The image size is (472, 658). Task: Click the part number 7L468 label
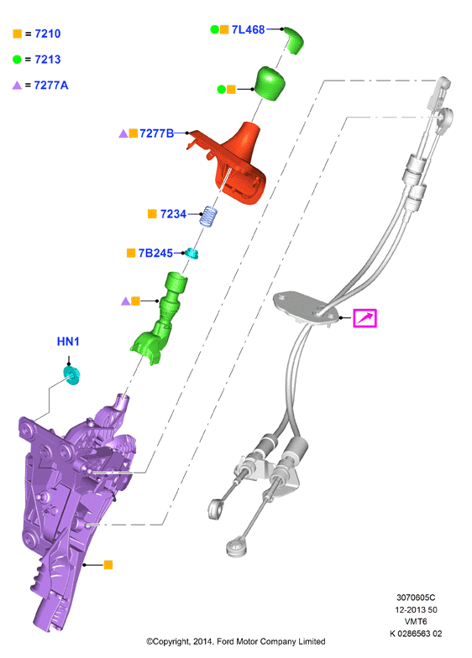pos(249,29)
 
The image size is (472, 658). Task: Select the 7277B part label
pos(156,133)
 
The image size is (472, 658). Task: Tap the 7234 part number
pos(173,214)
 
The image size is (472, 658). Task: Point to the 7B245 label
pos(155,253)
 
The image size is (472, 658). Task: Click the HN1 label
pos(68,342)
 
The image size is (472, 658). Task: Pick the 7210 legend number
pos(47,34)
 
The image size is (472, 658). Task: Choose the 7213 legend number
pos(47,59)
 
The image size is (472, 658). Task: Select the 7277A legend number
pos(50,86)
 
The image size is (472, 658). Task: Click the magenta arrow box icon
pos(364,318)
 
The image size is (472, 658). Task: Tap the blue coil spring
pos(209,217)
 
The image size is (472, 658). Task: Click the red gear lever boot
pos(233,166)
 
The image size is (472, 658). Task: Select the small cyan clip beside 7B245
pos(191,253)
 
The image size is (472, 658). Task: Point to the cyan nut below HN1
pos(71,376)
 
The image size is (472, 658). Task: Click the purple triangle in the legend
pos(17,86)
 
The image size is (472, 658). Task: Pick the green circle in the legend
pos(17,60)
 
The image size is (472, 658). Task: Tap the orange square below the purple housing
pos(108,564)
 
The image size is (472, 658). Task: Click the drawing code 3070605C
pos(416,598)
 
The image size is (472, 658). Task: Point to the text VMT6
pos(416,621)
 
